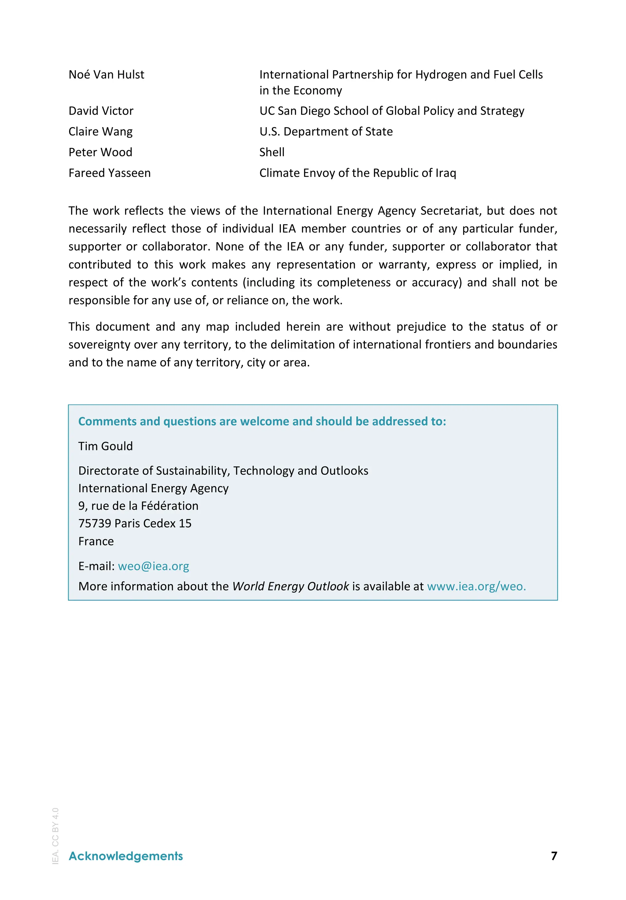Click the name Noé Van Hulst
coord(106,75)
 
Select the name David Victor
coord(101,111)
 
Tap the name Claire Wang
coord(100,132)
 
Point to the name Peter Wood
coord(100,152)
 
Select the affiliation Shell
coord(272,152)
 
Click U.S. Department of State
coord(326,132)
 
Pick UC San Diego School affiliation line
coord(391,111)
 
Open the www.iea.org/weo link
coord(476,586)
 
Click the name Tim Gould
coord(105,446)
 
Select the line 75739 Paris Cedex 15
coord(135,523)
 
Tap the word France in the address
coord(96,541)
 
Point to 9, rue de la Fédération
coord(138,506)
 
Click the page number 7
coord(554,856)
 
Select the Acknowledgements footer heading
coord(125,856)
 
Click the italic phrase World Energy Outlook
coord(290,586)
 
